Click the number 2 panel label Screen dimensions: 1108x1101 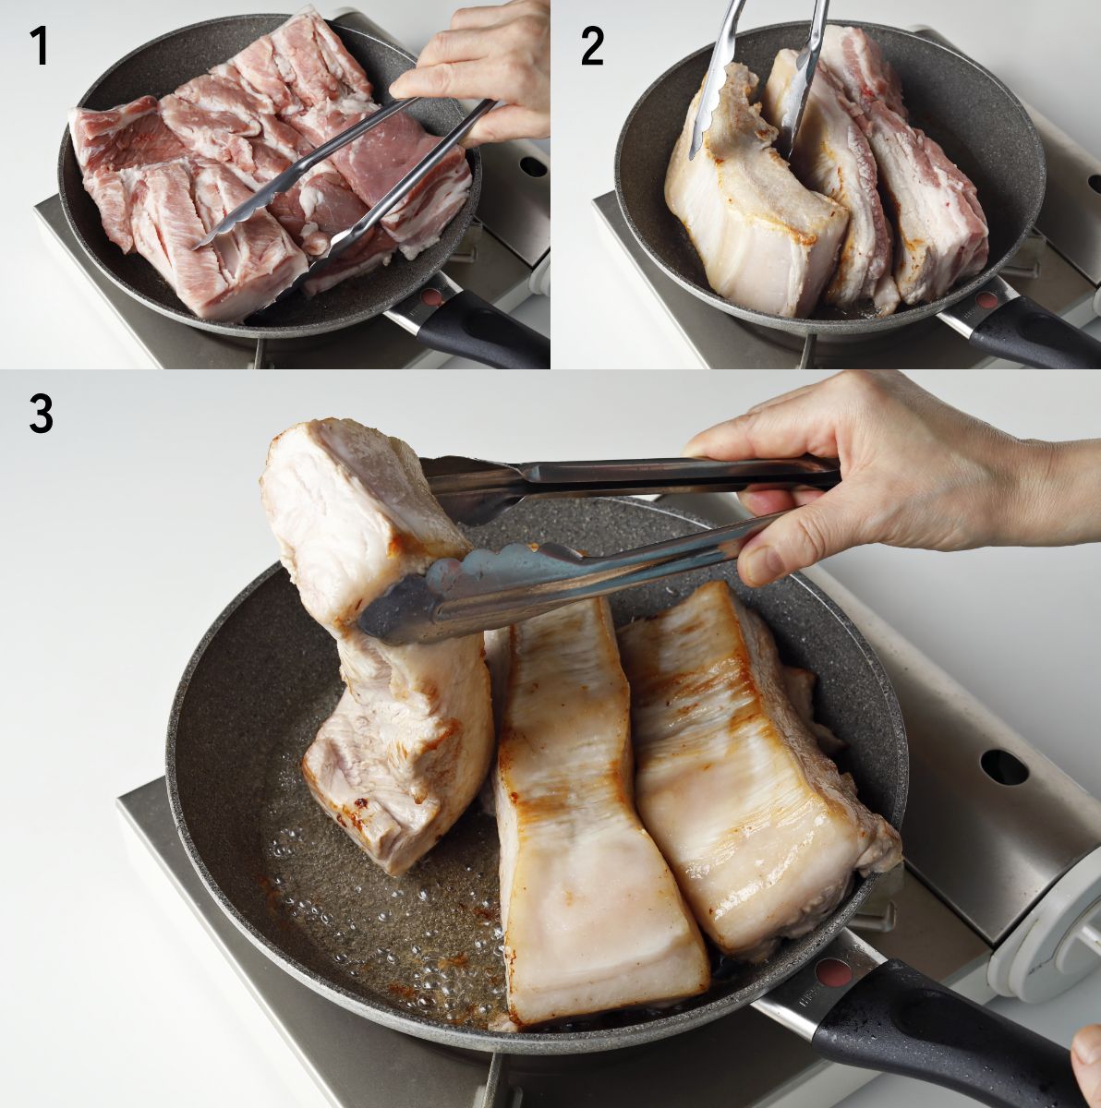(592, 46)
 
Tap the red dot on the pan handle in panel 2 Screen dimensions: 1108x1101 (986, 300)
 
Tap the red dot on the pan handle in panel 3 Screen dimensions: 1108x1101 (836, 974)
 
